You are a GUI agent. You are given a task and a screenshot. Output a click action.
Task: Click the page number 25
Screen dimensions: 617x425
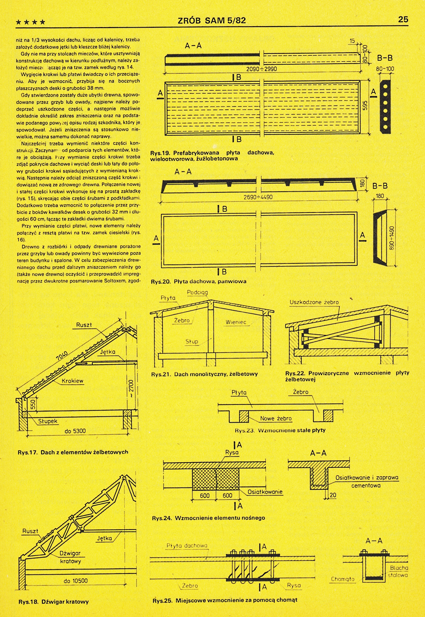pos(403,20)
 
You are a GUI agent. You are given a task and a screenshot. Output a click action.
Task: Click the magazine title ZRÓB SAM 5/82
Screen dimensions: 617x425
pos(212,21)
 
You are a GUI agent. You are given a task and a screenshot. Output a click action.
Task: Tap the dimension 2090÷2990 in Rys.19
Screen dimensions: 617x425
pos(262,69)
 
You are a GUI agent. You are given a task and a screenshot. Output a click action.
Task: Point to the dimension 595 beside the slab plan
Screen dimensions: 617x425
pos(365,105)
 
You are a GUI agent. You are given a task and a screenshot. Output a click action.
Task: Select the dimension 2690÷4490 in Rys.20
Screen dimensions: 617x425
pos(258,197)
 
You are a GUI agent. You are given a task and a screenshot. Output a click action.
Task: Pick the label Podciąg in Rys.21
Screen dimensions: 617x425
pos(197,293)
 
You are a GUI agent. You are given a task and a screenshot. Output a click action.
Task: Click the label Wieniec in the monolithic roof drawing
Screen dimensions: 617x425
pos(236,322)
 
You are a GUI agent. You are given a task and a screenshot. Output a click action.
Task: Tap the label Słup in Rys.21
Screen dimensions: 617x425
pos(192,341)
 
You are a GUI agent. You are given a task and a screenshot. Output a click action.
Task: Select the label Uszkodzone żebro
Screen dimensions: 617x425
pos(314,302)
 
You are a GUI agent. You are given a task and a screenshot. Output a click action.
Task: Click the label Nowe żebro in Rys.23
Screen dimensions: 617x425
pos(276,419)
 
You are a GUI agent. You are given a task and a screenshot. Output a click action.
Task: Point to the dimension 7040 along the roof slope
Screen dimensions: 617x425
pos(62,356)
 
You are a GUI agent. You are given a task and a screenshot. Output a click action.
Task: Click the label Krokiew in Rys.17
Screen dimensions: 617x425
pos(73,381)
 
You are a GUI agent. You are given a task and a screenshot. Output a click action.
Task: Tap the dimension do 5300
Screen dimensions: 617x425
pos(75,431)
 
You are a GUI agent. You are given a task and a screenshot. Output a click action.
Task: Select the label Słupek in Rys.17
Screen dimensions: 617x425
pos(48,421)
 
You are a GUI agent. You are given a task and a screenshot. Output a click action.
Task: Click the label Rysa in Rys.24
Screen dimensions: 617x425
pos(232,452)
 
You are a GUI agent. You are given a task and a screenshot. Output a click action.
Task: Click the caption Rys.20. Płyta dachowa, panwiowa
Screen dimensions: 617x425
pos(198,281)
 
